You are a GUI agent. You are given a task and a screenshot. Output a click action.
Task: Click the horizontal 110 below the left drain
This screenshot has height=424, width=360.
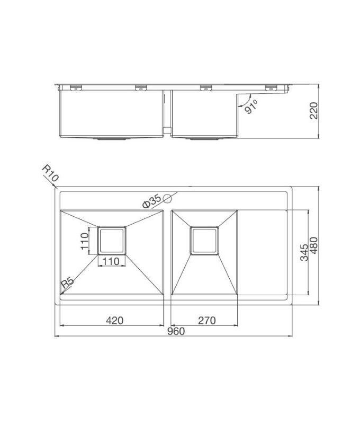(110, 261)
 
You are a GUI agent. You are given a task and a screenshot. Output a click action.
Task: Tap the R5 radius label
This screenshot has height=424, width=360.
(67, 284)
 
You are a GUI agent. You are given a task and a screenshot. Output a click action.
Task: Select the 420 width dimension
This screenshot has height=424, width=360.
(114, 320)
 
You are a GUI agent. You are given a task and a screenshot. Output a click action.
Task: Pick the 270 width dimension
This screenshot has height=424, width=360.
(205, 320)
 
